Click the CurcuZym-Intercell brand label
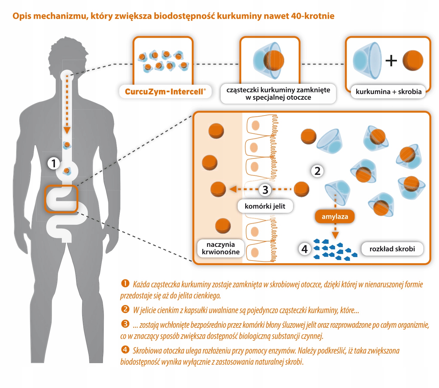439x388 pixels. click(x=165, y=92)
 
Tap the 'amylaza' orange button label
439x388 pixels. click(x=335, y=216)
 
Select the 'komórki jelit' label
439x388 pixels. click(x=265, y=206)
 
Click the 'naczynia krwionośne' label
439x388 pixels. click(x=221, y=248)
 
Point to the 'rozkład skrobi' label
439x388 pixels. click(x=392, y=249)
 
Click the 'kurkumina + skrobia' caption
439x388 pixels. click(x=389, y=92)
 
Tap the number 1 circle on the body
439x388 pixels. click(x=54, y=163)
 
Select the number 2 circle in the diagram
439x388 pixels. click(x=317, y=171)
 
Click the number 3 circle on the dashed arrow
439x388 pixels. click(x=265, y=190)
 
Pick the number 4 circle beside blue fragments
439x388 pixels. click(x=304, y=249)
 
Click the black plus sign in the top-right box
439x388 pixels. click(x=391, y=61)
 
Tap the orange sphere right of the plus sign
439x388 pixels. click(x=413, y=61)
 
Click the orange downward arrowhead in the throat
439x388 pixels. click(x=67, y=130)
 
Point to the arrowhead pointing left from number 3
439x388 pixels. click(x=233, y=189)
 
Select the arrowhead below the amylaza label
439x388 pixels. click(x=335, y=235)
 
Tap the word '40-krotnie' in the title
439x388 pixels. click(x=312, y=16)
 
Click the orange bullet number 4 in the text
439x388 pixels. click(x=125, y=349)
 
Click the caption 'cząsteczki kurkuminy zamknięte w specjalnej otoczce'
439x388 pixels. click(x=278, y=94)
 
